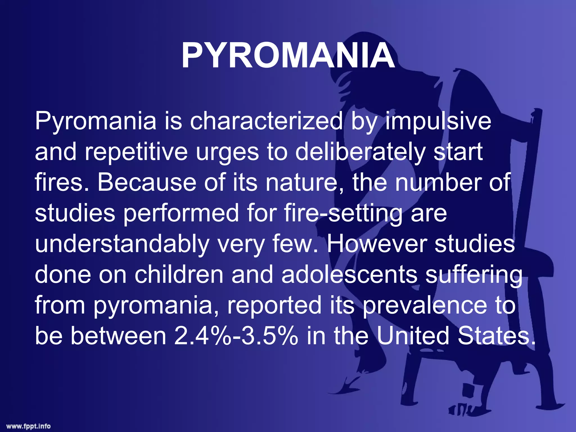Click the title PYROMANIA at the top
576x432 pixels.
click(x=288, y=56)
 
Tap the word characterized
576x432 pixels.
click(x=266, y=121)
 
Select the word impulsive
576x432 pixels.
click(x=438, y=121)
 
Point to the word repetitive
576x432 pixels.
click(x=136, y=152)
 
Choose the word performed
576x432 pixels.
click(x=181, y=213)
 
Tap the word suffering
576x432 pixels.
click(x=474, y=274)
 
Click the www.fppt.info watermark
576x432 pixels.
click(x=29, y=426)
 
